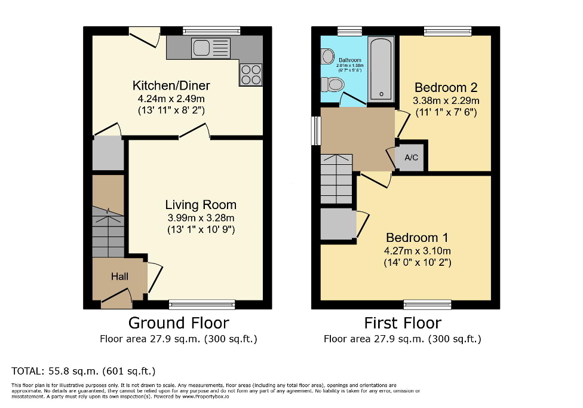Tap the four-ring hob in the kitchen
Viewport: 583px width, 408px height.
[x=251, y=74]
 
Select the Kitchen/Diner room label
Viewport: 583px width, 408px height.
[x=171, y=85]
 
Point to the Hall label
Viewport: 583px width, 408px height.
[x=119, y=277]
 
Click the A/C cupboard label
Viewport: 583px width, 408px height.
[x=411, y=158]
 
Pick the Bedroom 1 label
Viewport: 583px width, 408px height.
[x=417, y=237]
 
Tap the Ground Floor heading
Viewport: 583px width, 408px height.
[x=179, y=323]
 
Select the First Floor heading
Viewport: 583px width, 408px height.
[x=403, y=323]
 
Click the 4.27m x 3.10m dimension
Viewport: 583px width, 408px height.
[x=417, y=250]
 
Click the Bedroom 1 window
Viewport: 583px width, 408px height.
[x=427, y=305]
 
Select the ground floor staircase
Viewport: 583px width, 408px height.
[x=108, y=230]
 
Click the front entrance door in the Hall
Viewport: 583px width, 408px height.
[x=116, y=297]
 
